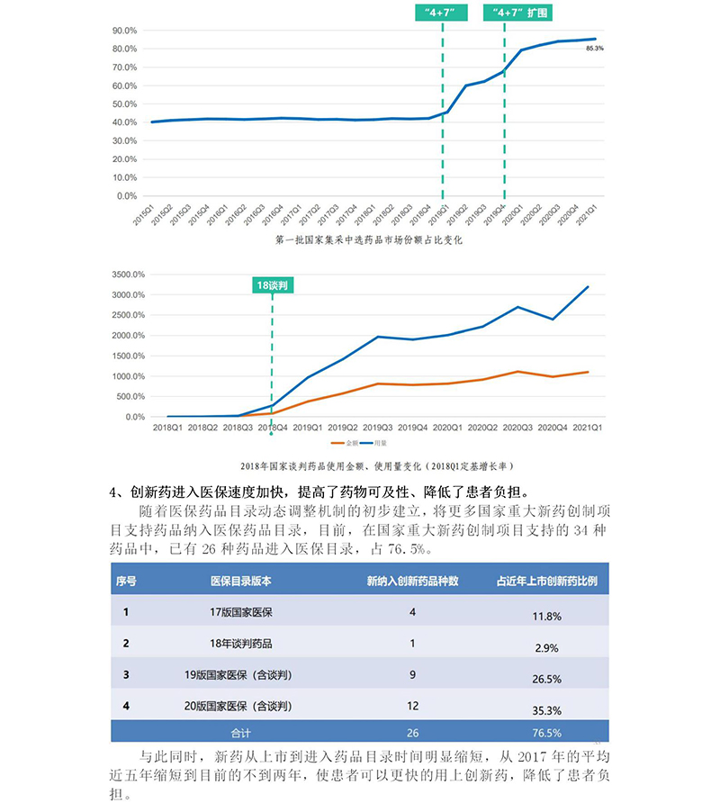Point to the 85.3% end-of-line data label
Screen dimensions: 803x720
tap(594, 48)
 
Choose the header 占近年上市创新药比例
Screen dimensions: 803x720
tap(547, 581)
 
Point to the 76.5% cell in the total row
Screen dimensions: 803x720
tap(547, 733)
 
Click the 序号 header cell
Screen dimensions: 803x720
tap(126, 581)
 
